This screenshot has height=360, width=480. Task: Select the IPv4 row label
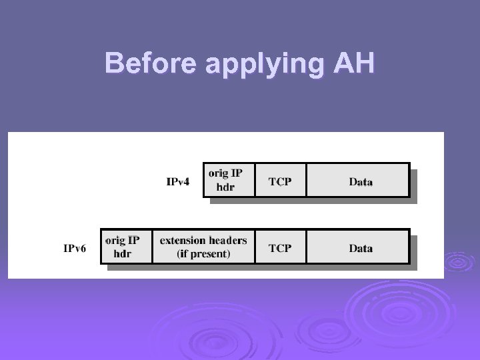click(179, 181)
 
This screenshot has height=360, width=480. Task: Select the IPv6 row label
click(75, 248)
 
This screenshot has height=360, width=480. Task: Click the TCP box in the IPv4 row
click(280, 180)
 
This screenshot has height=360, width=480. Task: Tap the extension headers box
click(203, 246)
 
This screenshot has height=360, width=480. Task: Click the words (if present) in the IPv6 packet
click(203, 253)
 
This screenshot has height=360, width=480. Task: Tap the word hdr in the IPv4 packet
click(225, 187)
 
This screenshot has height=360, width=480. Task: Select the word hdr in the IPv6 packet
click(123, 253)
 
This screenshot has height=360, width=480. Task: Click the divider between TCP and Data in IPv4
click(306, 180)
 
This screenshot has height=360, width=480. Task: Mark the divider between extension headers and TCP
click(255, 247)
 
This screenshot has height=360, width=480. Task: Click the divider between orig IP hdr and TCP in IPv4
click(255, 180)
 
